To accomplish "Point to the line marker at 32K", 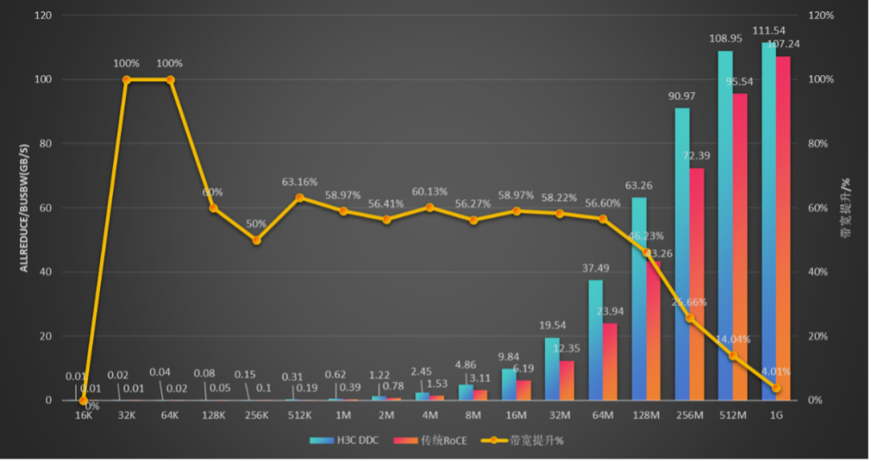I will [127, 80].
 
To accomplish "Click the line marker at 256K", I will [256, 239].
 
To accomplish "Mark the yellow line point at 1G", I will [776, 388].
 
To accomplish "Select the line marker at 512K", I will [300, 198].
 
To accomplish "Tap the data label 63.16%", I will [299, 182].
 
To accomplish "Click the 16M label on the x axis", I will [516, 415].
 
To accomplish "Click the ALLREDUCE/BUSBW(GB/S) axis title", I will [24, 208].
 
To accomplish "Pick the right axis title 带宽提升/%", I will [847, 208].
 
